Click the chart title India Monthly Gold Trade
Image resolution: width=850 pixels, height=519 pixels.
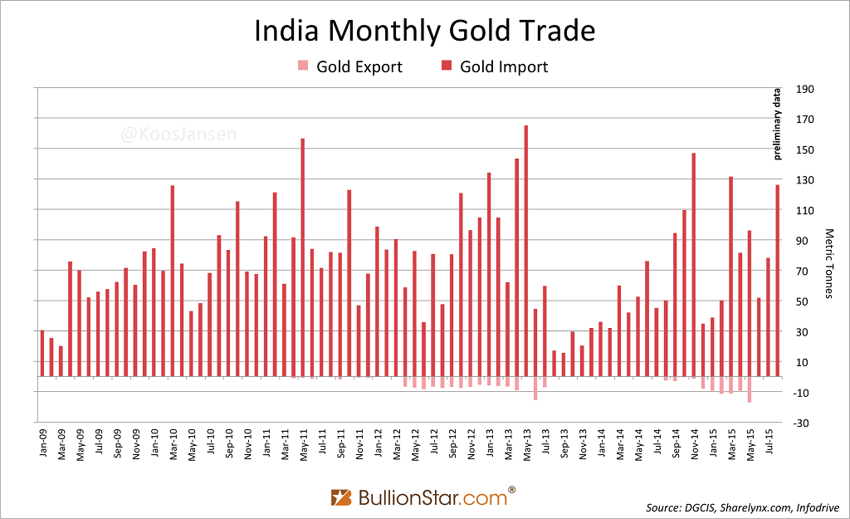[424, 32]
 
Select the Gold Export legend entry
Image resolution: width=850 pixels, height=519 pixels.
[349, 66]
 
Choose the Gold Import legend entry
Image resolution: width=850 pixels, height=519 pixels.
[494, 66]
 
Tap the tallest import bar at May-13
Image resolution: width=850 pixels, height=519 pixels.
[526, 249]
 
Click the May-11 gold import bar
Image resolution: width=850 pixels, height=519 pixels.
[302, 257]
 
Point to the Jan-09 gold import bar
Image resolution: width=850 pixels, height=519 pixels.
[42, 353]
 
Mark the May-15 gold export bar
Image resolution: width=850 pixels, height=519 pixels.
[749, 389]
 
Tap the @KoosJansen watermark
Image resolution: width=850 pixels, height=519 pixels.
[178, 133]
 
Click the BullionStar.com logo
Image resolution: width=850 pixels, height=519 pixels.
[424, 497]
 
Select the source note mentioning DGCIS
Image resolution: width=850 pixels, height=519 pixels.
[742, 507]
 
